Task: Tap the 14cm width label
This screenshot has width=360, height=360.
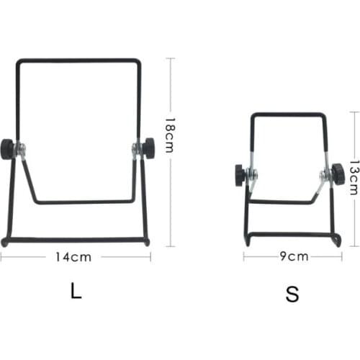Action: pyautogui.click(x=75, y=256)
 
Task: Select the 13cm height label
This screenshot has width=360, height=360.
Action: pyautogui.click(x=354, y=177)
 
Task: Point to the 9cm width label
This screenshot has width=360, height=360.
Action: pyautogui.click(x=294, y=256)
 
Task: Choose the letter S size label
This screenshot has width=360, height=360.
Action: pyautogui.click(x=292, y=294)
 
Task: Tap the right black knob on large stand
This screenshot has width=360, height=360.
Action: pyautogui.click(x=150, y=148)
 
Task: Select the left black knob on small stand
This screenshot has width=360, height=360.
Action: pyautogui.click(x=240, y=173)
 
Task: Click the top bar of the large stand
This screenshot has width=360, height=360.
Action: pyautogui.click(x=78, y=60)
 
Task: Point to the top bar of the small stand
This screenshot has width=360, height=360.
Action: pyautogui.click(x=288, y=114)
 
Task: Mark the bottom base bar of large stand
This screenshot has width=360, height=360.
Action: pyautogui.click(x=76, y=240)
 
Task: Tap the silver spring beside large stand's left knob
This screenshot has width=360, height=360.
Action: pyautogui.click(x=22, y=149)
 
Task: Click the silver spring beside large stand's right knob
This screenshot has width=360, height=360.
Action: pyautogui.click(x=135, y=149)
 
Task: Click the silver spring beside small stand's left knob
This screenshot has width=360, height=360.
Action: pyautogui.click(x=253, y=174)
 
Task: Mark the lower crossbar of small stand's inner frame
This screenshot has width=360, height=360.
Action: pyautogui.click(x=284, y=203)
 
